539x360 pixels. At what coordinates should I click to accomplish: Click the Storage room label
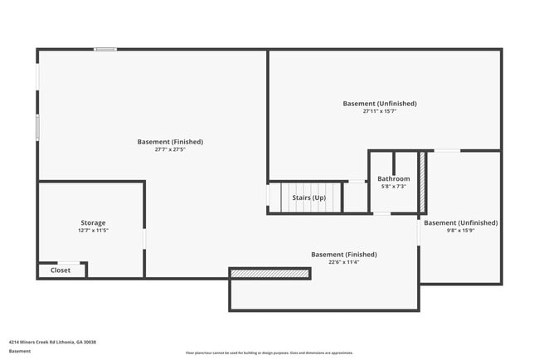point(93,222)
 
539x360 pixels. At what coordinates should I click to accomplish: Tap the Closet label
point(61,270)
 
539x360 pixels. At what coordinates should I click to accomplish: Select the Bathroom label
point(393,178)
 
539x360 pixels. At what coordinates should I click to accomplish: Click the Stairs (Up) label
point(308,197)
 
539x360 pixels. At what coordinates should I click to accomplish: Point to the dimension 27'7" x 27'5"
point(170,150)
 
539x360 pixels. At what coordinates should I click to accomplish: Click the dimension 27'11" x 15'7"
point(380,111)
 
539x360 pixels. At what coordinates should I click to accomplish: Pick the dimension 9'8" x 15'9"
point(460,231)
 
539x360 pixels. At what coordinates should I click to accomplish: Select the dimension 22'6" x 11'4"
point(343,262)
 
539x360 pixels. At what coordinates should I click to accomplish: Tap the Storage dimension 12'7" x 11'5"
point(93,231)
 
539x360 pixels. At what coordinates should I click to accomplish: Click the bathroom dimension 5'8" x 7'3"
point(393,187)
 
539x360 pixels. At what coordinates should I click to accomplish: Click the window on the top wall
point(104,50)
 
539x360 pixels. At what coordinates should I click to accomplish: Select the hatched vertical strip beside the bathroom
point(421,182)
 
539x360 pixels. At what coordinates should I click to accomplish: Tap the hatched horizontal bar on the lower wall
point(269,273)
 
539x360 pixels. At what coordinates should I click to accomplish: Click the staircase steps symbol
point(283,197)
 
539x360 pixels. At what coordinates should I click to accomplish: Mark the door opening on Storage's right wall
point(145,238)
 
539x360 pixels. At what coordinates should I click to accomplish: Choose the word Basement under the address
point(20,351)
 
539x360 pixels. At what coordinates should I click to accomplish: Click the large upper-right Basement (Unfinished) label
point(380,104)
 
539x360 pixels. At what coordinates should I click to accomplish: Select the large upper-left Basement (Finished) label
point(170,142)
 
